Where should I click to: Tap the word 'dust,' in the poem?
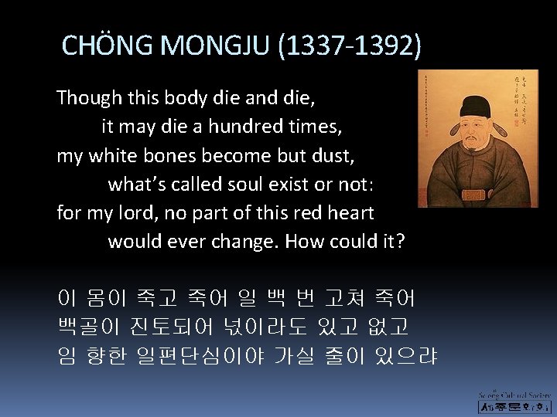[331, 155]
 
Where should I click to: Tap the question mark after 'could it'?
[400, 241]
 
